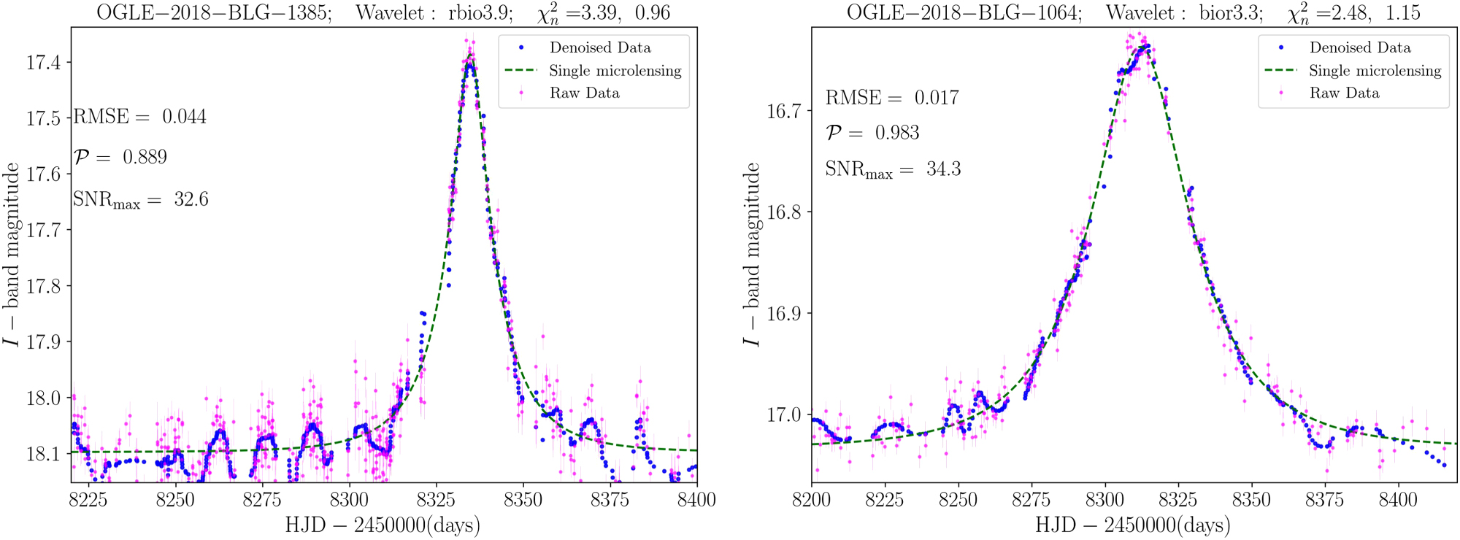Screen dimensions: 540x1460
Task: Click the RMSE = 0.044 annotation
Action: pyautogui.click(x=140, y=117)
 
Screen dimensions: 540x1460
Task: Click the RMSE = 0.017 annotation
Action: pyautogui.click(x=891, y=98)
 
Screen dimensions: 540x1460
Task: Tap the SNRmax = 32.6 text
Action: pyautogui.click(x=140, y=200)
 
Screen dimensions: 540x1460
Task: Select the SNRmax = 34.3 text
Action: pyautogui.click(x=892, y=169)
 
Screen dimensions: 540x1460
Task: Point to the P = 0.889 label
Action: pyautogui.click(x=120, y=157)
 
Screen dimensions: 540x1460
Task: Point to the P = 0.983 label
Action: pyautogui.click(x=872, y=133)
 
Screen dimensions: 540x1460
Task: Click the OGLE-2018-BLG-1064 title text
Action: pyautogui.click(x=964, y=12)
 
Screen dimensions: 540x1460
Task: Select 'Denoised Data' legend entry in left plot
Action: pyautogui.click(x=599, y=47)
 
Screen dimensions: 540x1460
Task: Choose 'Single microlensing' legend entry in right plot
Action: pyautogui.click(x=1375, y=71)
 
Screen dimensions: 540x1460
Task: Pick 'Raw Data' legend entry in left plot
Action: pyautogui.click(x=584, y=93)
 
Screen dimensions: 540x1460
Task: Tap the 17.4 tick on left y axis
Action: pyautogui.click(x=43, y=63)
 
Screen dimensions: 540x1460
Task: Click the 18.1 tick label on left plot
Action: pyautogui.click(x=43, y=454)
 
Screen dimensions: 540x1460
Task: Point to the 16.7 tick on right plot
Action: pyautogui.click(x=783, y=111)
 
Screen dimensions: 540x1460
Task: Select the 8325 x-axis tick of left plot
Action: pyautogui.click(x=436, y=500)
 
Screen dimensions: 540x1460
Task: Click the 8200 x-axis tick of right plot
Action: pyautogui.click(x=812, y=500)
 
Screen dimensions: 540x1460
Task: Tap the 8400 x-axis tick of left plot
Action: pyautogui.click(x=696, y=500)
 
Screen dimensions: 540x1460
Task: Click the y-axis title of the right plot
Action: pyautogui.click(x=751, y=255)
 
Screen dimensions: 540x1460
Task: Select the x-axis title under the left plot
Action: pyautogui.click(x=383, y=525)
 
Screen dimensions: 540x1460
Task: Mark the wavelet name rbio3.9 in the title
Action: pyautogui.click(x=482, y=12)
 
